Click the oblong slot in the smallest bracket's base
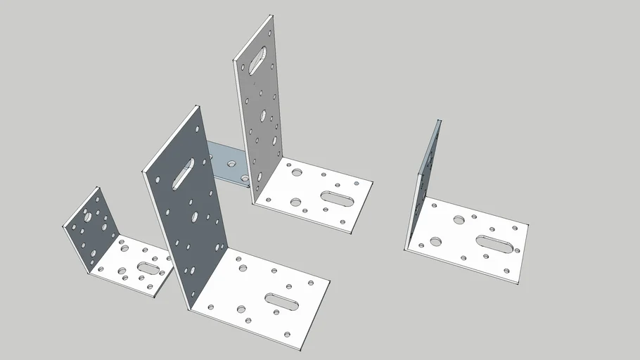pos(148,268)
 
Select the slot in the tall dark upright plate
pos(184,173)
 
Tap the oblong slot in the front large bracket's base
pos(281,301)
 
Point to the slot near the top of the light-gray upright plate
pos(258,59)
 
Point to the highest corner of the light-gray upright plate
pos(271,15)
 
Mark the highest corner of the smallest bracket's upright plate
pos(98,187)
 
